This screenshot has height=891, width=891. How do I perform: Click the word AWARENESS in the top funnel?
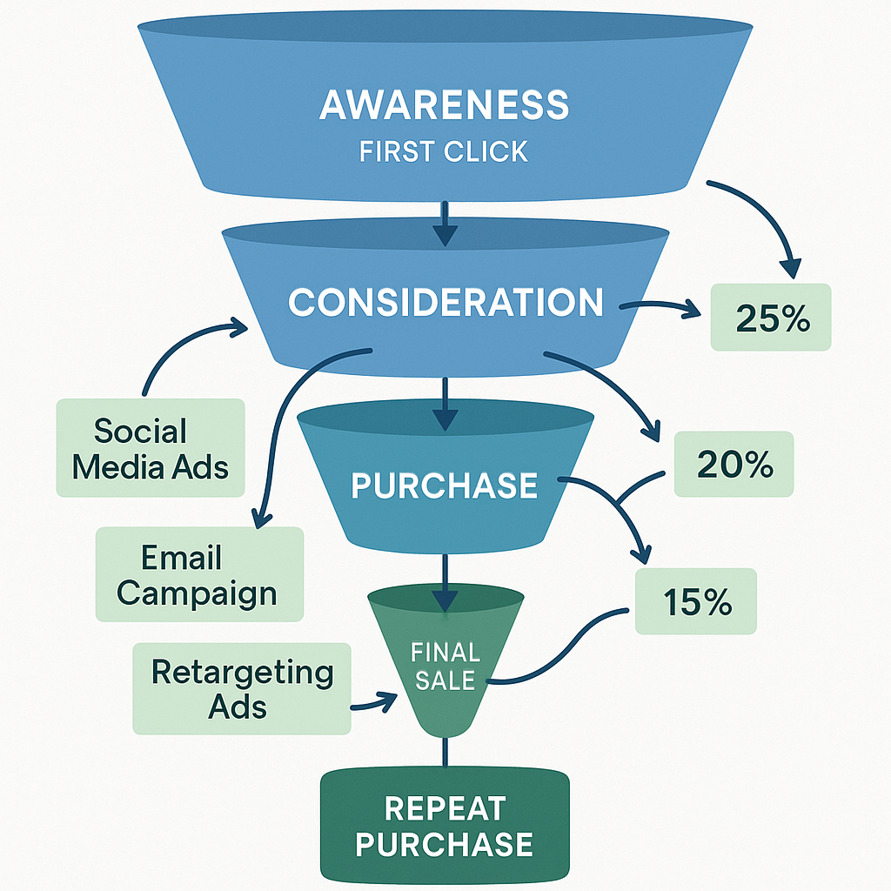[444, 105]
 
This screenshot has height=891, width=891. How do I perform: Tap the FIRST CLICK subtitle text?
[444, 151]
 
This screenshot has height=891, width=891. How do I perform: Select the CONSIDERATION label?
[445, 303]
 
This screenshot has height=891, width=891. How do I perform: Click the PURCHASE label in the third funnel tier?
[444, 486]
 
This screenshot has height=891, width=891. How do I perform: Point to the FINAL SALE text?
[445, 666]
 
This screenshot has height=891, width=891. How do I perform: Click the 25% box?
[771, 318]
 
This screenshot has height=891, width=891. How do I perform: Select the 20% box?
[734, 465]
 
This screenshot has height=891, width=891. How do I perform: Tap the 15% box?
[696, 602]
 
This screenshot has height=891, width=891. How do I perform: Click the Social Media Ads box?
[151, 448]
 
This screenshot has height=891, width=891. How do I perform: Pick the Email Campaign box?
[199, 574]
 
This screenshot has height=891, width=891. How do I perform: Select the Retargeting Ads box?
[241, 688]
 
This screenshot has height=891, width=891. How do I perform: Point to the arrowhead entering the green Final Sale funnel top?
[445, 600]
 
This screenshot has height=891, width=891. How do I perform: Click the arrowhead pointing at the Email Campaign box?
[259, 517]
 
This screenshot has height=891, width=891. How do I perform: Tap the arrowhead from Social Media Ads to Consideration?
[238, 328]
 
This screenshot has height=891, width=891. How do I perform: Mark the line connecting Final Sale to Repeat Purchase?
[445, 753]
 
